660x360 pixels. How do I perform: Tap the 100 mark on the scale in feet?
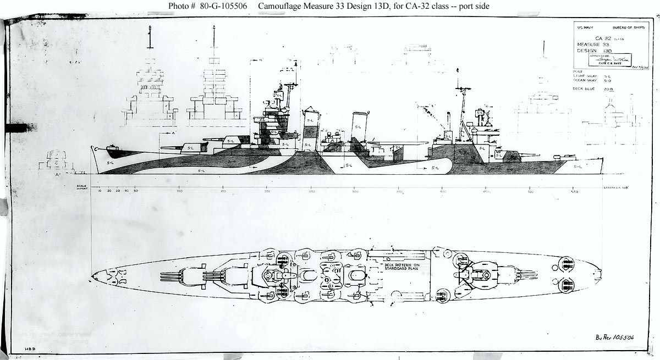coord(179,191)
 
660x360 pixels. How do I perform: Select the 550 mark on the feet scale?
coord(574,191)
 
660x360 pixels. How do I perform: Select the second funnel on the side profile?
coord(360,131)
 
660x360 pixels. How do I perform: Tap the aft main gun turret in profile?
coord(509,157)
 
